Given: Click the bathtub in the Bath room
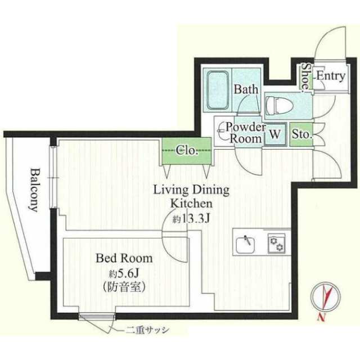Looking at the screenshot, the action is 218,91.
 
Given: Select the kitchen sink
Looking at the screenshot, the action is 245,245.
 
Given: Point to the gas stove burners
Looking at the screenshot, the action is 277,244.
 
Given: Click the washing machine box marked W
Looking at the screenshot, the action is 275,134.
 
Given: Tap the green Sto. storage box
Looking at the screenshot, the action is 301,134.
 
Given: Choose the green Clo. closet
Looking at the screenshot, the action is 187,151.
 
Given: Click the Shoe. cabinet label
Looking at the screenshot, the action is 305,76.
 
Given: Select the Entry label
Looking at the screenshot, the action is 331,76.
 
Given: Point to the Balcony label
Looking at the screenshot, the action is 34,190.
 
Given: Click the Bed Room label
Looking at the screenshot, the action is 124,258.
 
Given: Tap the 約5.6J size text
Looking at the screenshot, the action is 123,273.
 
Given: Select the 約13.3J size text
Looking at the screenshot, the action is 191,219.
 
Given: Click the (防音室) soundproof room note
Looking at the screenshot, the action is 124,286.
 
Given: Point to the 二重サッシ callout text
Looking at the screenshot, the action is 147,331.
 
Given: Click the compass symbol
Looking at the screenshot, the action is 325,296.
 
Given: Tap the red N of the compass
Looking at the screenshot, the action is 322,317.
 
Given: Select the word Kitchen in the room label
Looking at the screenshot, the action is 191,204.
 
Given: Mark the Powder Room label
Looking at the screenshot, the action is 246,133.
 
